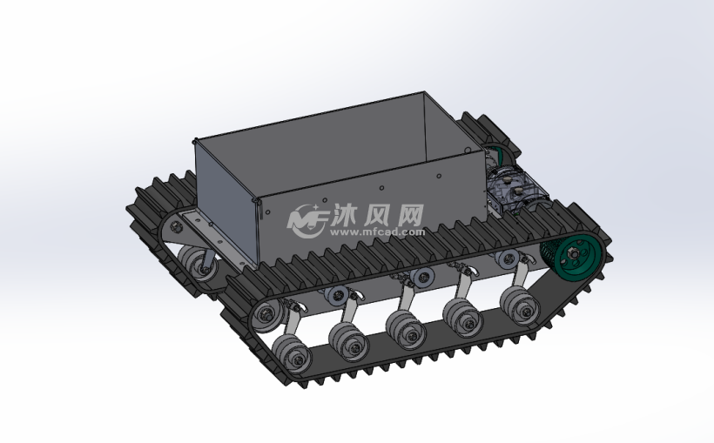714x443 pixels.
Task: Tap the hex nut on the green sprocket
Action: pos(572,251)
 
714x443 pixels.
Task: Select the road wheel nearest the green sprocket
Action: pos(520,307)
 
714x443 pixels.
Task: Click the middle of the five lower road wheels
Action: pos(406,330)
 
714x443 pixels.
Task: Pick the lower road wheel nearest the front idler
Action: pos(292,353)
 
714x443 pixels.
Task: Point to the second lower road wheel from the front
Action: pos(349,342)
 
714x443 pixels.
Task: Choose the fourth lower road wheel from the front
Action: pos(463,318)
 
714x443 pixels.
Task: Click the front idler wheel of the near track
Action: pos(267,314)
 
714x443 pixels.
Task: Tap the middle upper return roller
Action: pos(422,277)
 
